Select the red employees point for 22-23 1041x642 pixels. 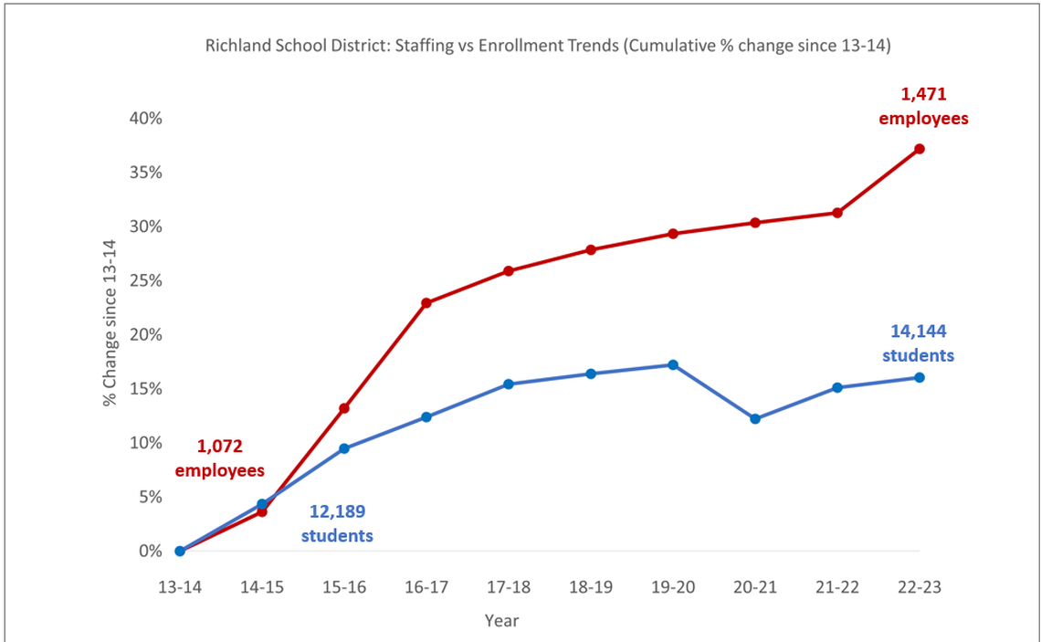(x=919, y=149)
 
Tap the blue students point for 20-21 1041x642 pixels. (x=755, y=419)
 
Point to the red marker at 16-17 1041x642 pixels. (x=426, y=303)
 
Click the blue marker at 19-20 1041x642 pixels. (x=673, y=365)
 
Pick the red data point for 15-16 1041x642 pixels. (x=344, y=408)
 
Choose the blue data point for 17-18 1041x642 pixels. (x=509, y=384)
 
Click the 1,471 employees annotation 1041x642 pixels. (x=922, y=105)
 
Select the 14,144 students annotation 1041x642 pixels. (x=918, y=343)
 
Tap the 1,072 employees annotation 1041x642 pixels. (x=220, y=458)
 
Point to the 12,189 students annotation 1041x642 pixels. (x=337, y=524)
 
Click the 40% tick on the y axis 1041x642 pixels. (x=145, y=119)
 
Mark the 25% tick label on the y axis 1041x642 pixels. (x=145, y=280)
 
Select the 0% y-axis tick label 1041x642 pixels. (x=150, y=552)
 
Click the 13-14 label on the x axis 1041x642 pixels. (x=180, y=587)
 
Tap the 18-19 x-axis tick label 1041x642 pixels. (x=591, y=587)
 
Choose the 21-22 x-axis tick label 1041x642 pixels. (x=837, y=587)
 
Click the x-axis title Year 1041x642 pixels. (x=501, y=621)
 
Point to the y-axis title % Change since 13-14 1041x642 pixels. (x=110, y=321)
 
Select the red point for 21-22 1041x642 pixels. (x=837, y=213)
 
